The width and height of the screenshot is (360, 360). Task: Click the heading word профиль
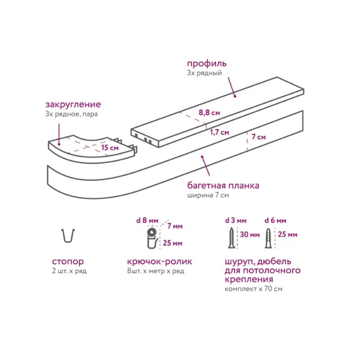(x=207, y=64)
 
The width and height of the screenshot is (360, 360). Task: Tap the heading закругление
(x=73, y=104)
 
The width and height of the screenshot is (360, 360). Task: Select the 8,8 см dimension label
(x=209, y=113)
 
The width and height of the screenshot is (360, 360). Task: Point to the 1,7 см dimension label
(x=220, y=132)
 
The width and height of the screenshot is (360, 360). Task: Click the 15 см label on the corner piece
(x=110, y=148)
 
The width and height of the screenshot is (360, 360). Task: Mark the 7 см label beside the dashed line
(x=259, y=137)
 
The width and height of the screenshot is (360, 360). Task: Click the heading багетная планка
(x=223, y=185)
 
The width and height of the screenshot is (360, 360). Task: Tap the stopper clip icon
(x=68, y=236)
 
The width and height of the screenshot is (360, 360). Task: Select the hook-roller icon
(x=152, y=239)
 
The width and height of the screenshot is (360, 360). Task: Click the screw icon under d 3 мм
(x=232, y=238)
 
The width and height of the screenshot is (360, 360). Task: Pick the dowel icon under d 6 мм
(x=268, y=238)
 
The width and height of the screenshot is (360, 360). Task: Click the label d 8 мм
(x=147, y=221)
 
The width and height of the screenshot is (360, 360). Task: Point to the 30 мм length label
(x=250, y=235)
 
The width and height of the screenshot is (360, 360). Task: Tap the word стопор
(x=68, y=261)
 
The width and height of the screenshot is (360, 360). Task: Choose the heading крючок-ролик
(x=160, y=261)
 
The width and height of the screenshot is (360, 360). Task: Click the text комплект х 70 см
(x=254, y=289)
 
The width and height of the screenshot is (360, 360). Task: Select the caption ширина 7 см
(x=208, y=195)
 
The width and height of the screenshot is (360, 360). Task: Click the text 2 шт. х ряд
(x=69, y=271)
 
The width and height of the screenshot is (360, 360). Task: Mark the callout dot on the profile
(x=235, y=97)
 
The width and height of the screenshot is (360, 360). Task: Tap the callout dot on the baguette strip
(x=202, y=157)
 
